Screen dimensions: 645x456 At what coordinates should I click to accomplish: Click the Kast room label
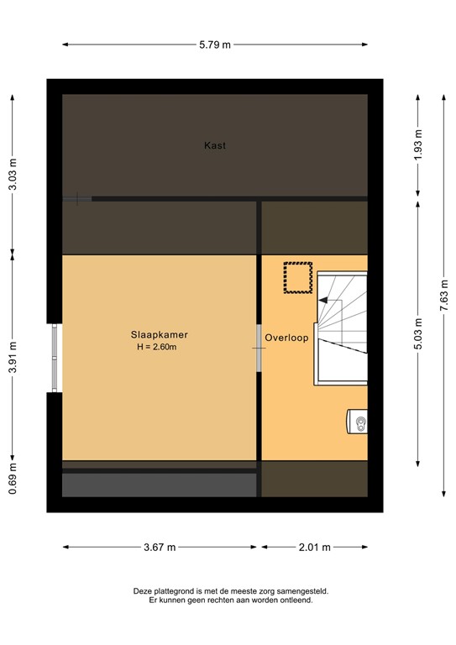215,145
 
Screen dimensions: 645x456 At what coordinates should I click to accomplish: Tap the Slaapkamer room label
159,333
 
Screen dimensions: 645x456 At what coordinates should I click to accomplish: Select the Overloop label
287,338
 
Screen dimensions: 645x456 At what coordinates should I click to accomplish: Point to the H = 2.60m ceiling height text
159,346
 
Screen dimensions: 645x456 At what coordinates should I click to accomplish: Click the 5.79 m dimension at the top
215,45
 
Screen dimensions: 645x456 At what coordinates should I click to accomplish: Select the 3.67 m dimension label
159,547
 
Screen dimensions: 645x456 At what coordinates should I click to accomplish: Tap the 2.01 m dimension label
315,547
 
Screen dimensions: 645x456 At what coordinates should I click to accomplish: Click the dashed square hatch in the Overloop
297,278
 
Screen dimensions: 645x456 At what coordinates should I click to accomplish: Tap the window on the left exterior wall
55,357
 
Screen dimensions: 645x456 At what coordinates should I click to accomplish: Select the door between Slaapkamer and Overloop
259,347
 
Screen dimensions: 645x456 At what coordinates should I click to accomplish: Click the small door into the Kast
77,199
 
